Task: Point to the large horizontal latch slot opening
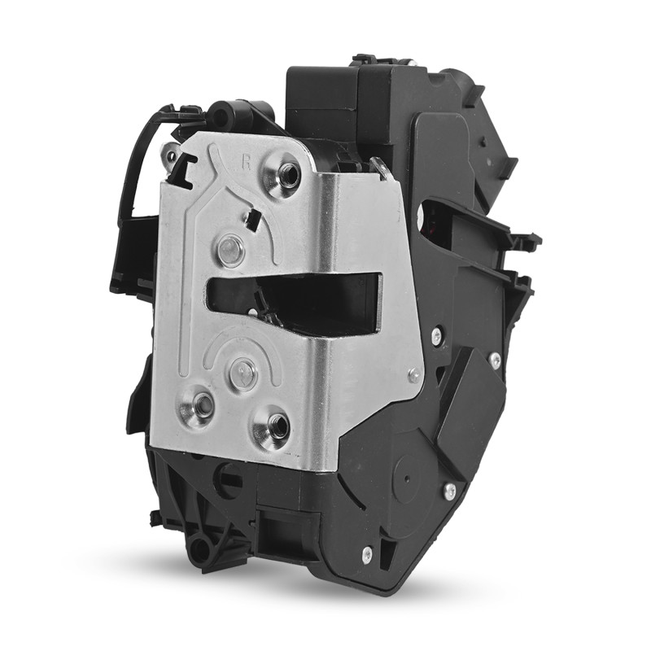click(294, 297)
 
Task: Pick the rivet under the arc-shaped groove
click(242, 370)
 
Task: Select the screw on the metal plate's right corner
click(413, 374)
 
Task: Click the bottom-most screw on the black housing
click(367, 552)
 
